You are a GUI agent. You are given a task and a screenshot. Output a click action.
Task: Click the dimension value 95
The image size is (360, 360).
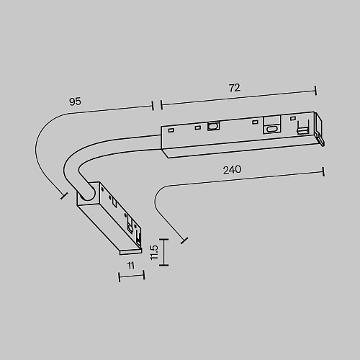point(75,102)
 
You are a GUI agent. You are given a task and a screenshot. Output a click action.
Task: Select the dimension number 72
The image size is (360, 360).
point(235,88)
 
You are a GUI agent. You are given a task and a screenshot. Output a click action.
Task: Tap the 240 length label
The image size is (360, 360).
point(232,170)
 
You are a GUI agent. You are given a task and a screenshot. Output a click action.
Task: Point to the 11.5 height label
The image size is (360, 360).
point(154,252)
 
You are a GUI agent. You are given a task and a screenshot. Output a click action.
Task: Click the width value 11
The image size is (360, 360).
point(131,266)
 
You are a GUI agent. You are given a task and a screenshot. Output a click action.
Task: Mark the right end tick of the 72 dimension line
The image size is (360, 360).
point(315,90)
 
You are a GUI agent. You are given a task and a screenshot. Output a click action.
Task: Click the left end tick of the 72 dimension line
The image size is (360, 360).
point(161,105)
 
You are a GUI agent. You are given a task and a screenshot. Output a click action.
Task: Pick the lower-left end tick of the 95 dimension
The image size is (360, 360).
point(64,196)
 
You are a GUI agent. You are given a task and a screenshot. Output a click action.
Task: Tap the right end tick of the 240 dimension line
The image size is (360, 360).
point(323,172)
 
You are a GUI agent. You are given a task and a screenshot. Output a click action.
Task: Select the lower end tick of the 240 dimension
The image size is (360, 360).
point(184,240)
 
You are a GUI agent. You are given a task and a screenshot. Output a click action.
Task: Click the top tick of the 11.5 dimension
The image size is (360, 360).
point(164,239)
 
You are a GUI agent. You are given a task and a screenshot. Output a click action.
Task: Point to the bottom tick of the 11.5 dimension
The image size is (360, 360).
point(164,265)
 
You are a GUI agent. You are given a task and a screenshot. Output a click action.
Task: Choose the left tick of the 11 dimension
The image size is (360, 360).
point(120,277)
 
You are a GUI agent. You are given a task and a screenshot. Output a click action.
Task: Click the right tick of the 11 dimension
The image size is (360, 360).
point(144,275)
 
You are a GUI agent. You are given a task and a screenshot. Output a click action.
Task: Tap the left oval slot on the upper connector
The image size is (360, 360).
point(213,126)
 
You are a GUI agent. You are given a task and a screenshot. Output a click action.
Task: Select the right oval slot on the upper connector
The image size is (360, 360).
point(272,129)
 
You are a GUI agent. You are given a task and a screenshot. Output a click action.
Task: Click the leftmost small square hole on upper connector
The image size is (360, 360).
point(171,130)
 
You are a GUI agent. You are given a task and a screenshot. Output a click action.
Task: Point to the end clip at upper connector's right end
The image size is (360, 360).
point(320,129)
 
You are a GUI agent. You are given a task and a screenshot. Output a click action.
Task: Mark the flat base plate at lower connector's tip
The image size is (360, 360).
point(131,251)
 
